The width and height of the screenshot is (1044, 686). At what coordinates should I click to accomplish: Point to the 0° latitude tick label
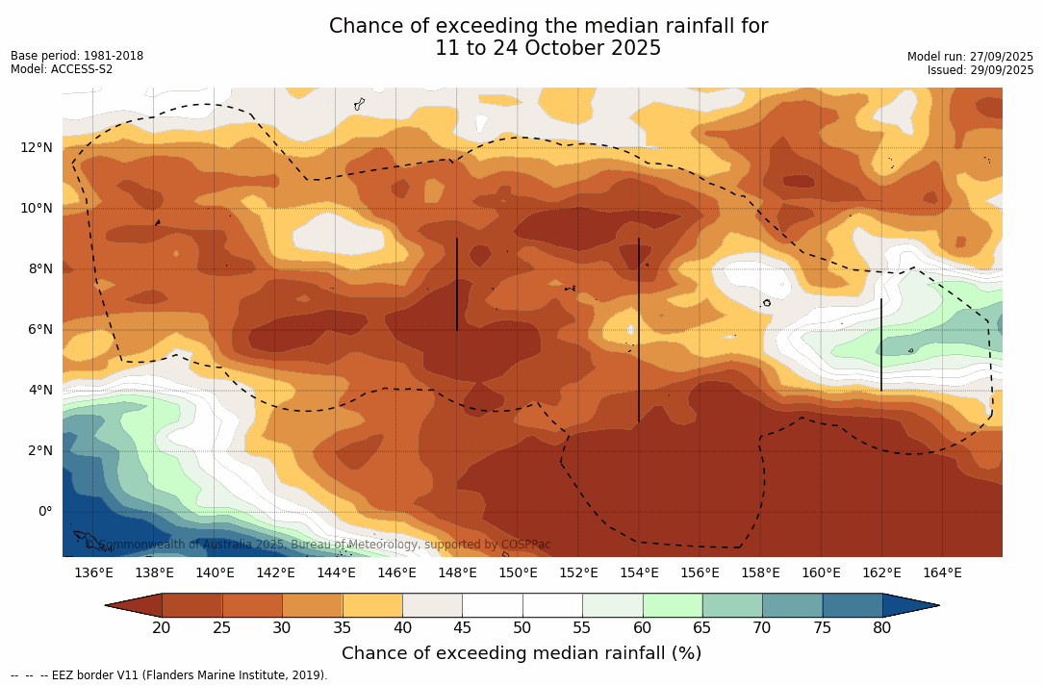point(45,511)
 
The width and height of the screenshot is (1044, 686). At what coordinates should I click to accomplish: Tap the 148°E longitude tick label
point(457,572)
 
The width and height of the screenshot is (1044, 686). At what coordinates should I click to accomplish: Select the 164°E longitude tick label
point(942,572)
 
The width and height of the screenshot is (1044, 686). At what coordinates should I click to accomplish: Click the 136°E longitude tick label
point(93,572)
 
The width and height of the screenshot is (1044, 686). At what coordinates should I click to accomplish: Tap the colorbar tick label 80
point(882,628)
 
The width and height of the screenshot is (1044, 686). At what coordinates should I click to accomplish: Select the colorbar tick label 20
point(162,628)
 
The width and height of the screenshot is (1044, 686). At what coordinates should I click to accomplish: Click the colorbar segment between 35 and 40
point(372,605)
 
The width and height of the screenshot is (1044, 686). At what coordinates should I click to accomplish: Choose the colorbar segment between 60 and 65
point(673,605)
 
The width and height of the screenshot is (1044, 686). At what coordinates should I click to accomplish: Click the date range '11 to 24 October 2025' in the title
point(548,48)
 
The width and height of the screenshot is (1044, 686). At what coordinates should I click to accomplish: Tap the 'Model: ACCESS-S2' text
point(62,69)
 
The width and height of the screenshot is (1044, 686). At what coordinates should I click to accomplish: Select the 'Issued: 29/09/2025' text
point(980,70)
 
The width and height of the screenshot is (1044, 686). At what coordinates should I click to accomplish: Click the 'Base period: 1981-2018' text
point(77,56)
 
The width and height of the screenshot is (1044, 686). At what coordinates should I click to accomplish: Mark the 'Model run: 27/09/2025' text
point(970,57)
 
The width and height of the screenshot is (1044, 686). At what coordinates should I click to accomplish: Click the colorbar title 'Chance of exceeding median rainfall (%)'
point(522,653)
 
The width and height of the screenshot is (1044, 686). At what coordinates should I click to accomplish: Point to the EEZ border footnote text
point(169,675)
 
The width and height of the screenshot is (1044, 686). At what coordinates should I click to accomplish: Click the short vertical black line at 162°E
point(881,344)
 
